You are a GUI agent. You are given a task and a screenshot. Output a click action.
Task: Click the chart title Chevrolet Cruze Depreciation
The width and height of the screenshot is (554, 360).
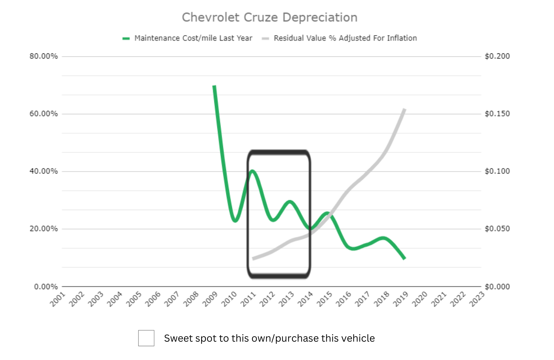269,17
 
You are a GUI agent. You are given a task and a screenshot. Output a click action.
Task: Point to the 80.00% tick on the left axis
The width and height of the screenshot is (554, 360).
43,56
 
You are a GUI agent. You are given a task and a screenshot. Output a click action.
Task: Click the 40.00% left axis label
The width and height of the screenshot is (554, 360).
43,171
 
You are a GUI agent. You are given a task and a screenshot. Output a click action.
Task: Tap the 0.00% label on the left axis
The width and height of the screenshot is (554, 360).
46,287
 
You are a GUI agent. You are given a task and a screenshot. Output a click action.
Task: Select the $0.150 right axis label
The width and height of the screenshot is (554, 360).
497,114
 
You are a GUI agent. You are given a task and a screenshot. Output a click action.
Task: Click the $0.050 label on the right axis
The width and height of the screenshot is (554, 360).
497,229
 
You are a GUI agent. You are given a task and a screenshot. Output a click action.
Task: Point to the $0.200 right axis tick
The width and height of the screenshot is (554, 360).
497,56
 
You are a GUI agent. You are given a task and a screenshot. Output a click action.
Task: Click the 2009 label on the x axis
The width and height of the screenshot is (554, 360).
210,299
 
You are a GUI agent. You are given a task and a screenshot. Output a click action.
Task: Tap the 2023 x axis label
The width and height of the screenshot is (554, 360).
477,299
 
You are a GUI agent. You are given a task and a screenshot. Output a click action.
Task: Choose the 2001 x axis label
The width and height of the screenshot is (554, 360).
58,299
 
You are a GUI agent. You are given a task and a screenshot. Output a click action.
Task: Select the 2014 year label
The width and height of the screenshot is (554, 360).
305,299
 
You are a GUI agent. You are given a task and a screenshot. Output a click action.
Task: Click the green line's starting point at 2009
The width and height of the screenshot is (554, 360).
215,86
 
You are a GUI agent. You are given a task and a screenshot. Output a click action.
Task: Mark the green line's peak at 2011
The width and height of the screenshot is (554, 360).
252,171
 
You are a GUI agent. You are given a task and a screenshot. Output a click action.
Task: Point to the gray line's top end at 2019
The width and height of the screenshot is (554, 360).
404,110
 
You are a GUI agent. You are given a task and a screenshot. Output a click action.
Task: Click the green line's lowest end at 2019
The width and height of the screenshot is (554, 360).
404,258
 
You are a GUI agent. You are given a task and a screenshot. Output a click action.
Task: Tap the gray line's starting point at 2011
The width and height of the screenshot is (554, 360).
253,258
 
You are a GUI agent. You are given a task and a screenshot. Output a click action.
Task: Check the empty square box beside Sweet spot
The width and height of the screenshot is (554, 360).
146,338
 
